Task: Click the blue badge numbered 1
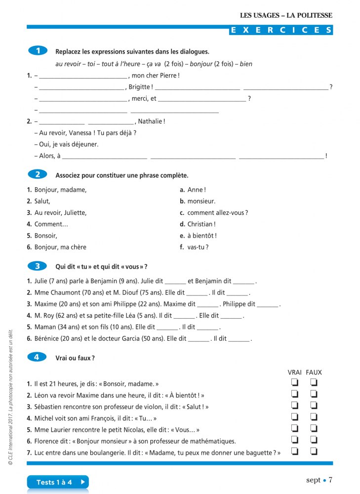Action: pos(38,50)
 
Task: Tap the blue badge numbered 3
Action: pos(38,266)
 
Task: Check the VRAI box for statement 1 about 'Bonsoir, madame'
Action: pos(295,383)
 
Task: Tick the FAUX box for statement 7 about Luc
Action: pos(314,451)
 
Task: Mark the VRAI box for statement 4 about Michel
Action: pos(295,417)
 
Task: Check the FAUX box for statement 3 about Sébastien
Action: pos(314,406)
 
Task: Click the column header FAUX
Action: pos(314,372)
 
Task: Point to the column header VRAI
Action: pos(295,372)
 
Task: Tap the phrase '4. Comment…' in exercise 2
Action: pos(47,224)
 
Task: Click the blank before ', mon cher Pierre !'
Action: pos(83,76)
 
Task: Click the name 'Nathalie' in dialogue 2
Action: pos(150,121)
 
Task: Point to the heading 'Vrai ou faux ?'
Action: pos(75,358)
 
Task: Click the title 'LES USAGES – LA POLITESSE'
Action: pos(286,15)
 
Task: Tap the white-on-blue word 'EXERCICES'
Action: pos(281,30)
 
